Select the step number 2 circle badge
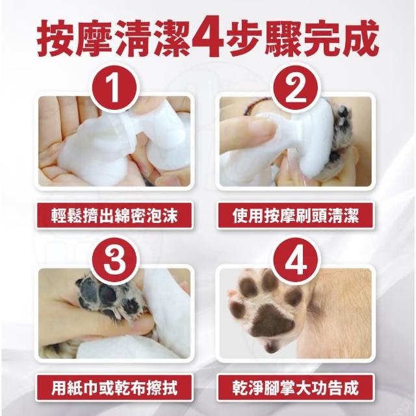[295, 88]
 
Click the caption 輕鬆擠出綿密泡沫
[114, 215]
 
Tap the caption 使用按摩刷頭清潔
[295, 215]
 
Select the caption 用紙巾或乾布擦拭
[114, 387]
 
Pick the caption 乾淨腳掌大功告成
[295, 387]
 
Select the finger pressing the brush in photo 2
[247, 133]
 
